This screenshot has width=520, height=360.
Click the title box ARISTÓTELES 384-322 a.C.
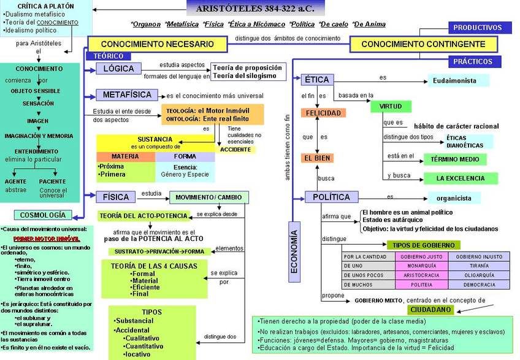point(255,9)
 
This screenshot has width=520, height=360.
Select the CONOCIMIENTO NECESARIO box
point(157,44)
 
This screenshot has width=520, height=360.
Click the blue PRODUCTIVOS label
point(478,28)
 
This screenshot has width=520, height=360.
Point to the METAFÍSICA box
point(127,95)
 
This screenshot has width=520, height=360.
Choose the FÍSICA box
point(117,197)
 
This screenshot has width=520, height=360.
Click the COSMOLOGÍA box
point(43,215)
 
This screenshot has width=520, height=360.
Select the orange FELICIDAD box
point(323,113)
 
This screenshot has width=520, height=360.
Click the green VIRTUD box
point(391,107)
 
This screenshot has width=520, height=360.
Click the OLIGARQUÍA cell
point(479,275)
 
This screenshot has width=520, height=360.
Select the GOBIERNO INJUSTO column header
point(479,256)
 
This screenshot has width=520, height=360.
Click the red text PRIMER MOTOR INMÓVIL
point(47,238)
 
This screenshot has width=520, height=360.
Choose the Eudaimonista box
point(458,80)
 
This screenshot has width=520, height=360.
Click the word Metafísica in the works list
point(182,25)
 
